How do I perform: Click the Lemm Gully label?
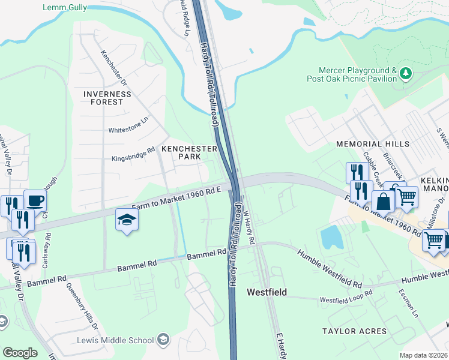click(x=65, y=8)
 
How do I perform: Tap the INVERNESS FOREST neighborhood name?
click(x=107, y=98)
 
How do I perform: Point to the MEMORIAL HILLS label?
click(x=373, y=144)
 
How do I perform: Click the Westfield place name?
click(x=267, y=292)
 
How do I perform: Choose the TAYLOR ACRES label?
click(x=355, y=331)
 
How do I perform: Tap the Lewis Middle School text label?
click(x=115, y=340)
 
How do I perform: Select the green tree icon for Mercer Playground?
click(x=406, y=73)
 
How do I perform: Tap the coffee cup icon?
click(x=35, y=200)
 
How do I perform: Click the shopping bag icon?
click(x=383, y=201)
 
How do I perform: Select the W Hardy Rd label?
click(x=250, y=227)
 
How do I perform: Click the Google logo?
click(x=20, y=353)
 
